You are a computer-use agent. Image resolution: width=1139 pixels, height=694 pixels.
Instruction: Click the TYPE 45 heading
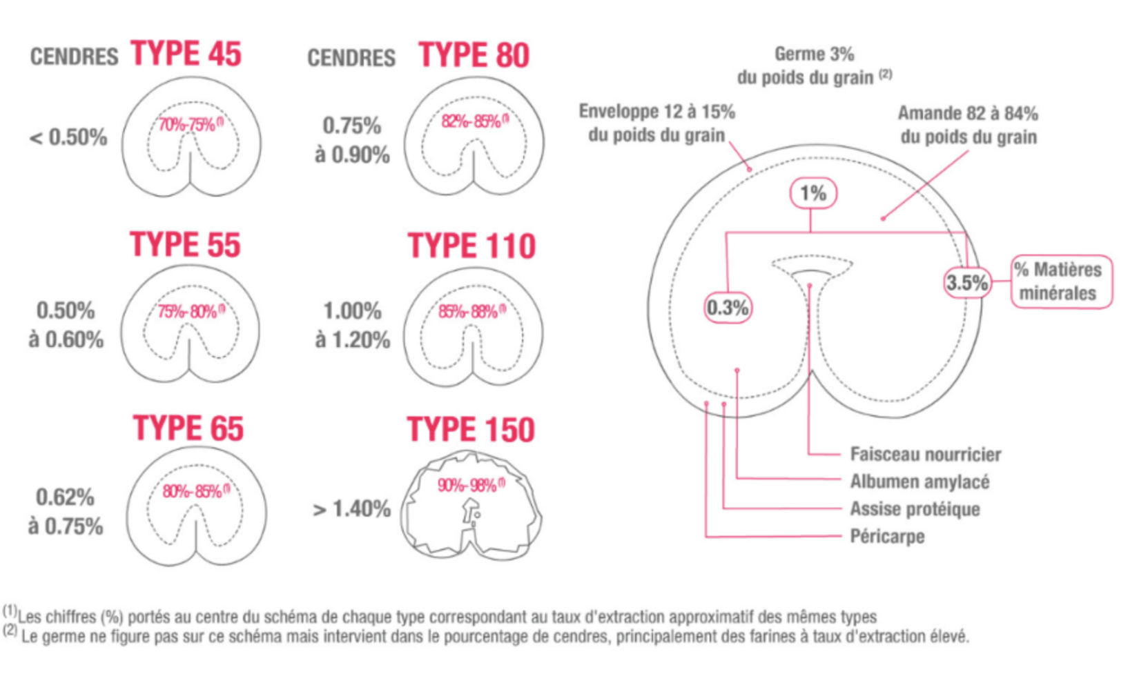click(186, 54)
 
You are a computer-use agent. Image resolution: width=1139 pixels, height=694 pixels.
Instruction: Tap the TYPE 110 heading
click(471, 246)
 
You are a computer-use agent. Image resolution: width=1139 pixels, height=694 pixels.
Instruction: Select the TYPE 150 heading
click(470, 429)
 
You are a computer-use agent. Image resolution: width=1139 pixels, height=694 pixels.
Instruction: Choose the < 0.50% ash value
click(68, 138)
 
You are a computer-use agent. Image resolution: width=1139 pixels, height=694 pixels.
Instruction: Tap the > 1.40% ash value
click(352, 508)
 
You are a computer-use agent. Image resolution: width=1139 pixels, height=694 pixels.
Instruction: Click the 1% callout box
click(813, 193)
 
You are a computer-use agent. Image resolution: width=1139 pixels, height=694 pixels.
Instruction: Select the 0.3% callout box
click(728, 308)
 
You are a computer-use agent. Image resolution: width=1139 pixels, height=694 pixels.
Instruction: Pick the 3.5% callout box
click(967, 282)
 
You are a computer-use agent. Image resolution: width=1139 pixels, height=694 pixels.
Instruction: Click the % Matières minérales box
click(1061, 281)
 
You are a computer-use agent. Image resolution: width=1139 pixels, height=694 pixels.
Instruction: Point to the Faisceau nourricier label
click(926, 454)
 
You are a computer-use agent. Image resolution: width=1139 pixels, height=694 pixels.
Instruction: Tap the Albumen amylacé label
click(920, 482)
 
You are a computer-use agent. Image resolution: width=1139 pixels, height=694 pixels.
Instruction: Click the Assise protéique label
click(915, 508)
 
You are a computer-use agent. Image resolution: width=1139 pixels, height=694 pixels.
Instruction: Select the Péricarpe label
click(887, 537)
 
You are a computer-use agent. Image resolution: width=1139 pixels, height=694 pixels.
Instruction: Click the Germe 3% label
click(814, 54)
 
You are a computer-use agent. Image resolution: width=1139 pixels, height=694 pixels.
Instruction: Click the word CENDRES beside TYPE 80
click(351, 58)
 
